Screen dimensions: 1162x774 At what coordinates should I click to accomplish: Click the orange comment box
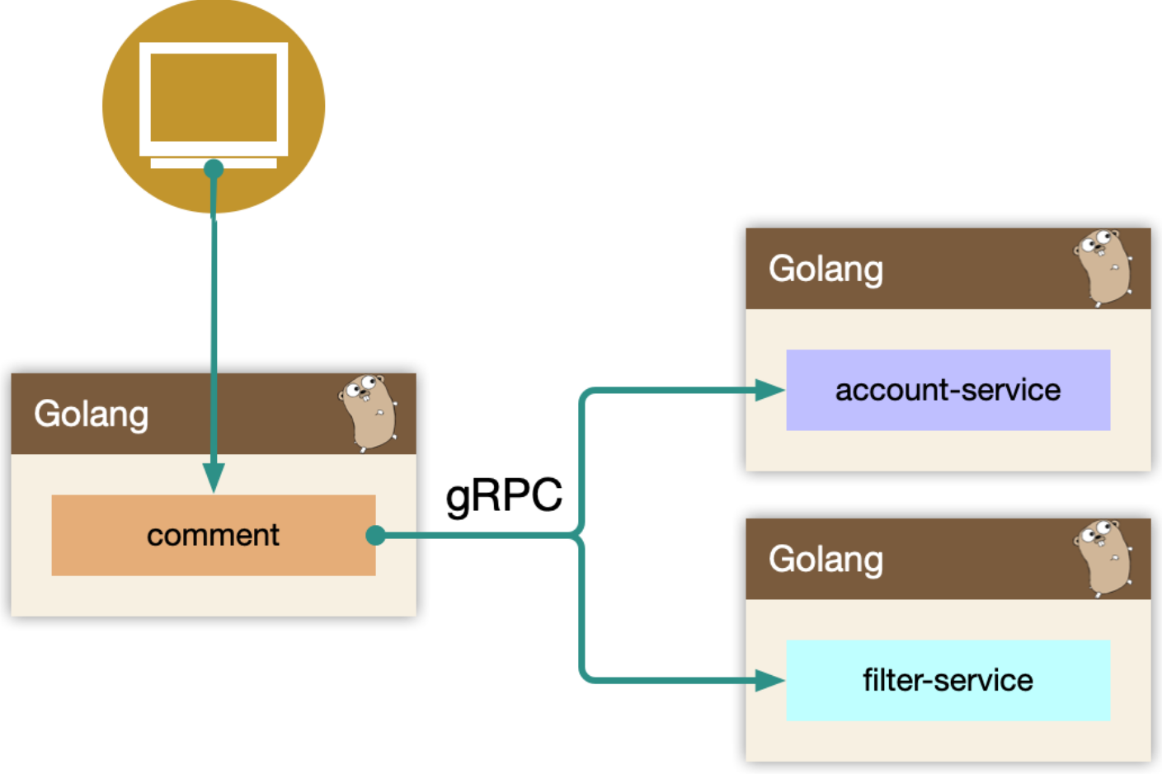(214, 535)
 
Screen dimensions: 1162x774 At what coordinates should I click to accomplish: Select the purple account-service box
(948, 390)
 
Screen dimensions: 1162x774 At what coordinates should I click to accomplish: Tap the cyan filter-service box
(948, 680)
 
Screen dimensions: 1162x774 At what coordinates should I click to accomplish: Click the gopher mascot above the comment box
(368, 413)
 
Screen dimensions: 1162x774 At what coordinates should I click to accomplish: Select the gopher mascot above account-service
(1103, 268)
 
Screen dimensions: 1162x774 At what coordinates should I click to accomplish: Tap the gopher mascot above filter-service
(1103, 558)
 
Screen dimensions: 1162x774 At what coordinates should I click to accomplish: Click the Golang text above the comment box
(92, 415)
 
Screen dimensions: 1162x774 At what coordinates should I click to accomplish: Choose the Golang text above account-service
(826, 270)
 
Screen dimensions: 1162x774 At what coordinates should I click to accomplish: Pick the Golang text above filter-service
(826, 560)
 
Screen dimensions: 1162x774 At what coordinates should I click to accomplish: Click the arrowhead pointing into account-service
(769, 390)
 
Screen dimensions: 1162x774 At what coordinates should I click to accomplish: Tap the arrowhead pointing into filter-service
(769, 680)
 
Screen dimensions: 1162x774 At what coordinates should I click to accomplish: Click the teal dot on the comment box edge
(375, 535)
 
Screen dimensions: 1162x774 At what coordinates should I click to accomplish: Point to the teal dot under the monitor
(214, 169)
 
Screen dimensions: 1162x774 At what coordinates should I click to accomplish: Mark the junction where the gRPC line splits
(580, 535)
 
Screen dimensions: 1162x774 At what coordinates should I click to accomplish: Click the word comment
(214, 535)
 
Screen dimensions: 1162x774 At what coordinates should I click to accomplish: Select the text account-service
(948, 390)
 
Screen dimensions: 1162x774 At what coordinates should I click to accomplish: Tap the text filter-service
(948, 680)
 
